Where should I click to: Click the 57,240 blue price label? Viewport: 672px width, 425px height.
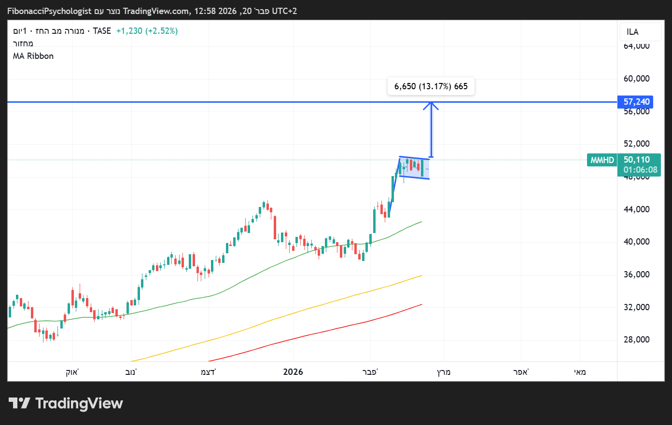coord(636,102)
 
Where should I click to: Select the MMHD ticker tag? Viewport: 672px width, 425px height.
coord(602,160)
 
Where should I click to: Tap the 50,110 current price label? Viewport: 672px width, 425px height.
coord(637,160)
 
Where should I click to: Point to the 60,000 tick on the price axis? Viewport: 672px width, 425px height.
coord(636,79)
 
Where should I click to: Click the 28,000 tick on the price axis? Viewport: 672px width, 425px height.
coord(636,340)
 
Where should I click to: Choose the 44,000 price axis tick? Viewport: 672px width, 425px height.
coord(636,209)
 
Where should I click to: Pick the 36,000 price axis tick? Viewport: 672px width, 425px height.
coord(636,274)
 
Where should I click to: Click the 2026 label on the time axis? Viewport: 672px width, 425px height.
coord(293,372)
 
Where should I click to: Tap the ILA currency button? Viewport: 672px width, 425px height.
coord(632,32)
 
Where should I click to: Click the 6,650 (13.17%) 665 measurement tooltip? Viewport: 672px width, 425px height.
coord(431,86)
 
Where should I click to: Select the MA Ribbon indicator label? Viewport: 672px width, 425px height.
coord(33,56)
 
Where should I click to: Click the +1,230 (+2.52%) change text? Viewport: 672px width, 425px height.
coord(147,31)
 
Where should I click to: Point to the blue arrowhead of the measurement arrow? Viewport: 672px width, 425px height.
coord(432,105)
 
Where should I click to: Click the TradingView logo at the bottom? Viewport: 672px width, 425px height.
coord(66,403)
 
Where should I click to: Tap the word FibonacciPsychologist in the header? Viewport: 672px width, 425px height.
coord(49,11)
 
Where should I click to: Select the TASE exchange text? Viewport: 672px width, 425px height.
coord(102,31)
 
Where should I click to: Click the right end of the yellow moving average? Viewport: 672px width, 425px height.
coord(421,275)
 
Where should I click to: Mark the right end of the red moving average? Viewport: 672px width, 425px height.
coord(421,304)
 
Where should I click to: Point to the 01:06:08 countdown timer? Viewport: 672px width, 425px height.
coord(640,170)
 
